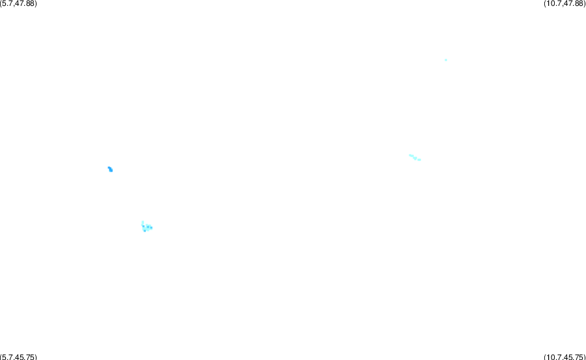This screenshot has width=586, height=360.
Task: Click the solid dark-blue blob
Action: [x=110, y=170]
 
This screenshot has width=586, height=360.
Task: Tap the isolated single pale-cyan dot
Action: [x=446, y=60]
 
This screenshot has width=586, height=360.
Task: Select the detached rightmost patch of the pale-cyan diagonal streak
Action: [x=419, y=160]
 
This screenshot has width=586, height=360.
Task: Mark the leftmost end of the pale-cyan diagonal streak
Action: [x=409, y=155]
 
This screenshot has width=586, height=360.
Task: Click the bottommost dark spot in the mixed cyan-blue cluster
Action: [x=145, y=231]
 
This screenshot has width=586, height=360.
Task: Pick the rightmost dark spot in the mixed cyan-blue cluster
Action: [x=151, y=228]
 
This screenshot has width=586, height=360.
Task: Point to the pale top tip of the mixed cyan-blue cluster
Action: [x=143, y=222]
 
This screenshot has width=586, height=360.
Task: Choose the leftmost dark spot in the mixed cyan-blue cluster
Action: [x=143, y=226]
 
